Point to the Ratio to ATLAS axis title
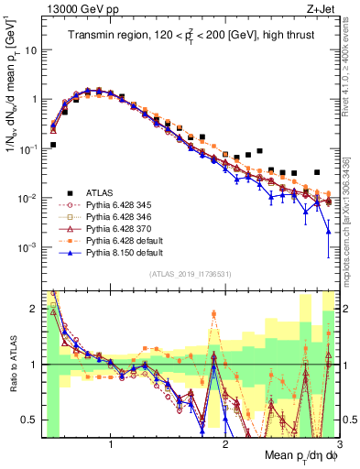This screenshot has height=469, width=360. [x=15, y=365]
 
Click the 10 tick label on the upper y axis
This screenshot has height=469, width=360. [x=31, y=50]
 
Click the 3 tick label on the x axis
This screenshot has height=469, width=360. [x=339, y=442]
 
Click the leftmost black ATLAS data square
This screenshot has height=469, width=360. [x=53, y=145]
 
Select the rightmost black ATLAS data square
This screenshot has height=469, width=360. [x=317, y=172]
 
